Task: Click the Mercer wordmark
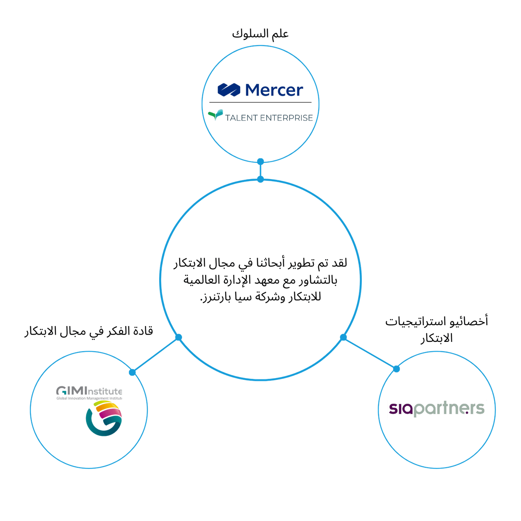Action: coord(274,90)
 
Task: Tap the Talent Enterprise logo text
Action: coord(269,118)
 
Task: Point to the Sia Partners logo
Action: coord(437,409)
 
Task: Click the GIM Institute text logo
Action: coord(89,392)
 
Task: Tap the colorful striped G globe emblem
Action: coord(103,418)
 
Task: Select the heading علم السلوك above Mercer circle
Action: coord(260,33)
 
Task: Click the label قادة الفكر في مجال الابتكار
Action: coord(89,331)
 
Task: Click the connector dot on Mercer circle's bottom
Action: coord(260,162)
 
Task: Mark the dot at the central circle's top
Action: coord(260,179)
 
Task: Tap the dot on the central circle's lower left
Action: coord(178,337)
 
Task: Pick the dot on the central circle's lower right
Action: coord(343,337)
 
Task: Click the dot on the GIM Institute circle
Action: coord(132,372)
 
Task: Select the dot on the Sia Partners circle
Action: coord(396,369)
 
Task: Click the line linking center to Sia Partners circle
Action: coord(370,353)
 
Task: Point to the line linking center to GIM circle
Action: coord(155,355)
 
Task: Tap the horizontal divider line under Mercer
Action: coord(260,102)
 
